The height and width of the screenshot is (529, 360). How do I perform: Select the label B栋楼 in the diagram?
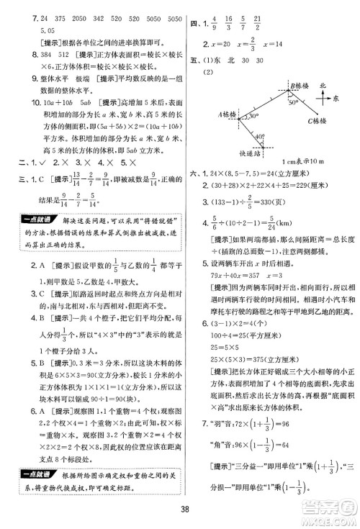pos(279,86)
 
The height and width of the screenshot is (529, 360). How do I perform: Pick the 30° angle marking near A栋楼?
pos(253,116)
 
